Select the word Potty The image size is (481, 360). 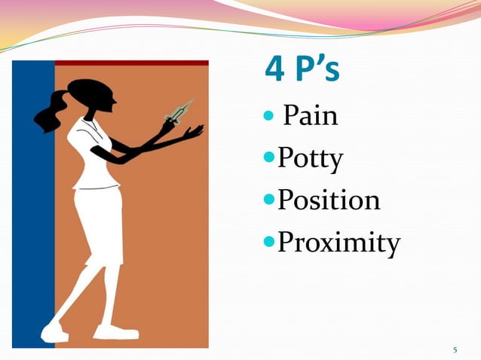tap(310, 159)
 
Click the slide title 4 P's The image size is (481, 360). tap(302, 71)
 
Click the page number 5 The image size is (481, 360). tap(455, 350)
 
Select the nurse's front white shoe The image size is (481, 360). tap(116, 331)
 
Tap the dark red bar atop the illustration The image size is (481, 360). tap(132, 63)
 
